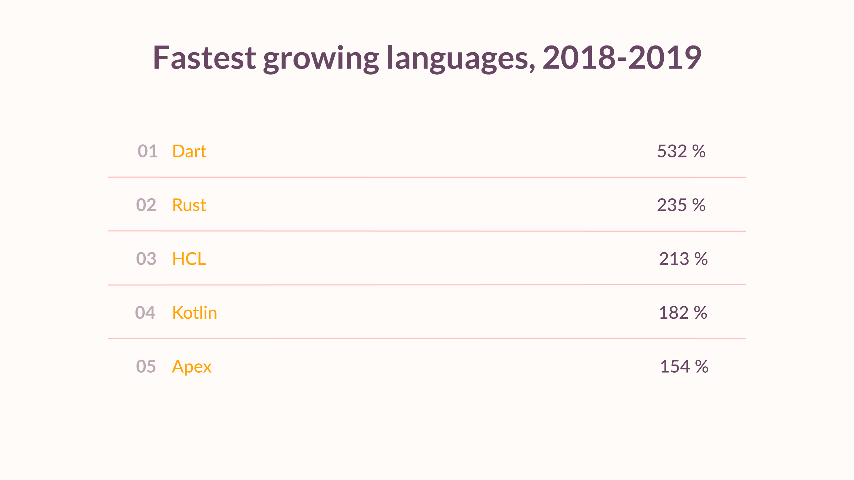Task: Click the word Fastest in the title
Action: click(204, 58)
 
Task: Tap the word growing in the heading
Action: click(321, 59)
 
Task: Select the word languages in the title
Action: click(461, 59)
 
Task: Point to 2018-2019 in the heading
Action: click(622, 58)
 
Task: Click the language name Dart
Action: click(189, 151)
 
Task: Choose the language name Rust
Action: click(189, 205)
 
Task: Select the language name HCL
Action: click(189, 259)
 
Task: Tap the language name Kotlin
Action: click(194, 313)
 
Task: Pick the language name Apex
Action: click(191, 367)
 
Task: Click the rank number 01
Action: click(147, 151)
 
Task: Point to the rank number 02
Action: click(146, 205)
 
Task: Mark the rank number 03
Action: click(146, 259)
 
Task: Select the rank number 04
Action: click(145, 313)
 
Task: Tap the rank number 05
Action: click(146, 366)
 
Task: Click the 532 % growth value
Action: click(681, 151)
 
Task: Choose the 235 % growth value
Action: click(681, 205)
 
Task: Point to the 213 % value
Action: click(683, 259)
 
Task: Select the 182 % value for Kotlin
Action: click(683, 313)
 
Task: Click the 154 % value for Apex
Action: click(684, 366)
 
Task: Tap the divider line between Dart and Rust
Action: click(427, 177)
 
